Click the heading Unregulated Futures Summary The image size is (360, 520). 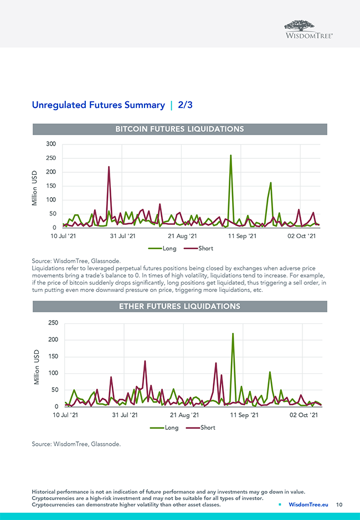(98, 105)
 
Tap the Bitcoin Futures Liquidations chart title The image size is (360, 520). (179, 129)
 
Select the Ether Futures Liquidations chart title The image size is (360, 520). (179, 306)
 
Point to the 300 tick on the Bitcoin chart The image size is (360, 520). (51, 144)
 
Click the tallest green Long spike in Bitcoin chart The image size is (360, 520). (230, 156)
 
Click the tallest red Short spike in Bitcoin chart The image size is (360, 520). (109, 167)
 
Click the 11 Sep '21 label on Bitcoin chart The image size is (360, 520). (243, 236)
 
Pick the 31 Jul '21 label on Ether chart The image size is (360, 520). (125, 415)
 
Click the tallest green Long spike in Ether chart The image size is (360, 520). (233, 334)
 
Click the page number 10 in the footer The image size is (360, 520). (340, 504)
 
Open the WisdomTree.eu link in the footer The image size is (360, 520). (308, 504)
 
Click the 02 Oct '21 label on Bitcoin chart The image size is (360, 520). (301, 236)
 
